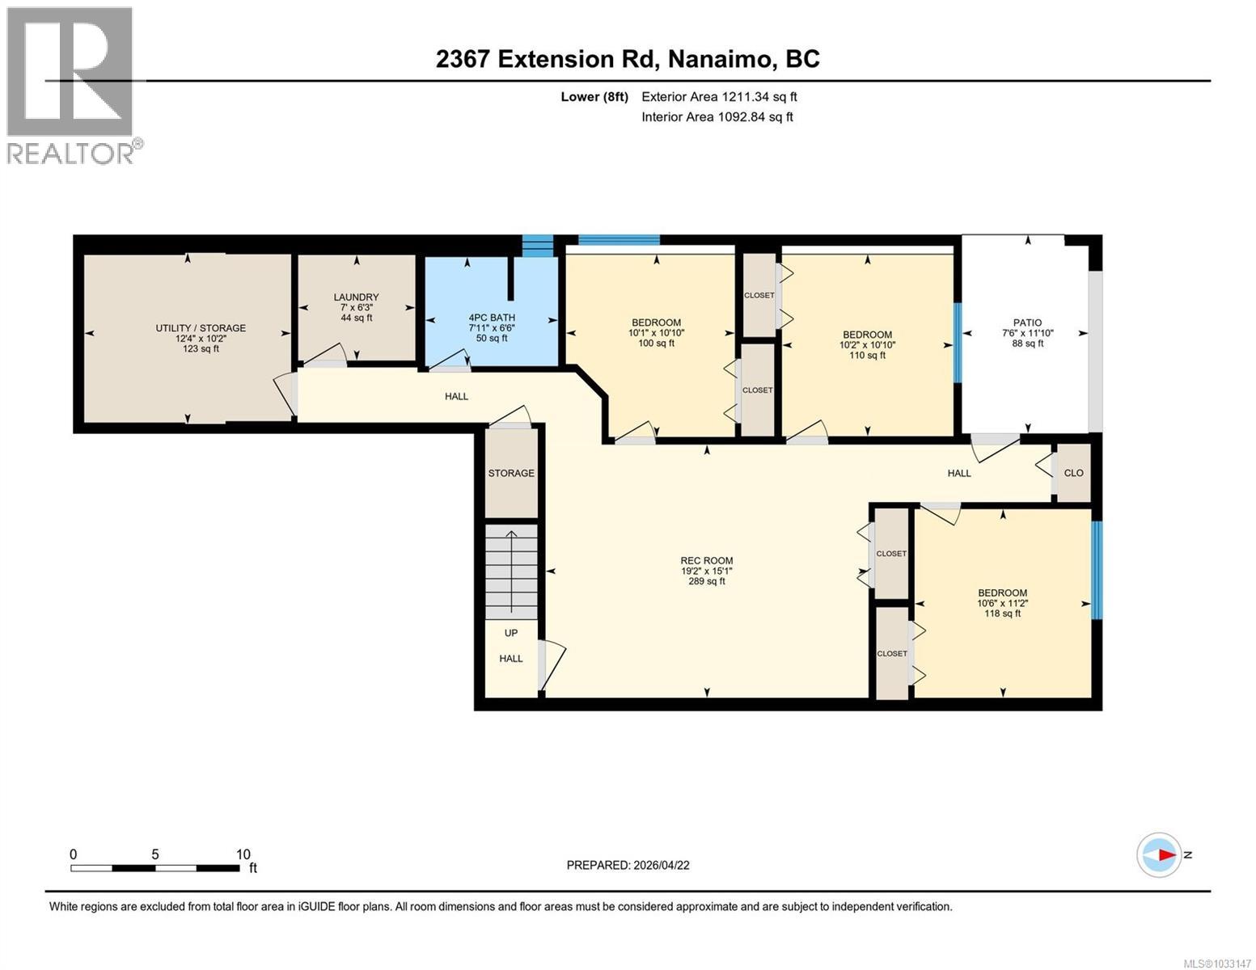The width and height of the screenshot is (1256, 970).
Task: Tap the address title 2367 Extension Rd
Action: pos(628,59)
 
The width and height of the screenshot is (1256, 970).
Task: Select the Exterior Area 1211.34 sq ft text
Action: pos(719,97)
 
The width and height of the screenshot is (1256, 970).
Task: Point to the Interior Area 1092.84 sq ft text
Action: pos(717,117)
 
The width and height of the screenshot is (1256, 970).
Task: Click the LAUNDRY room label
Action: pos(356,297)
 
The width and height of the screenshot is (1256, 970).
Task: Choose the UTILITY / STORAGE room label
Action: pos(201,328)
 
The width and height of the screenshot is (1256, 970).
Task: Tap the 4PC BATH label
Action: pos(492,318)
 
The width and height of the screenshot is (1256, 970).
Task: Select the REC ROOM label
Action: pos(706,561)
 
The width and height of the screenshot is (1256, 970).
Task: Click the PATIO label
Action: pos(1028,323)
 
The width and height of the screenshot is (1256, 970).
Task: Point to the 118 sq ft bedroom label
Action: pos(1003,614)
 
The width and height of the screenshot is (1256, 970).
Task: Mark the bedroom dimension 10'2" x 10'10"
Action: pos(867,345)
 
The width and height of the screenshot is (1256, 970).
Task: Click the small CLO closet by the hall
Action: pos(1073,473)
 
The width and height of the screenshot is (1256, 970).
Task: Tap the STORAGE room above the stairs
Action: pos(511,473)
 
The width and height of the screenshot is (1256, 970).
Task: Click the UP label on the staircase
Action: pos(511,633)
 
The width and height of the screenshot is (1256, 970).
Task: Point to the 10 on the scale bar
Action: pos(243,854)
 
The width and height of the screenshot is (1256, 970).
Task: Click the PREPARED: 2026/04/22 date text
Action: pos(628,865)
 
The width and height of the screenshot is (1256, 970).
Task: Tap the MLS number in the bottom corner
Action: pos(1216,963)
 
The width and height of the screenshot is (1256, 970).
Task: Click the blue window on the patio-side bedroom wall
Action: pos(958,343)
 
